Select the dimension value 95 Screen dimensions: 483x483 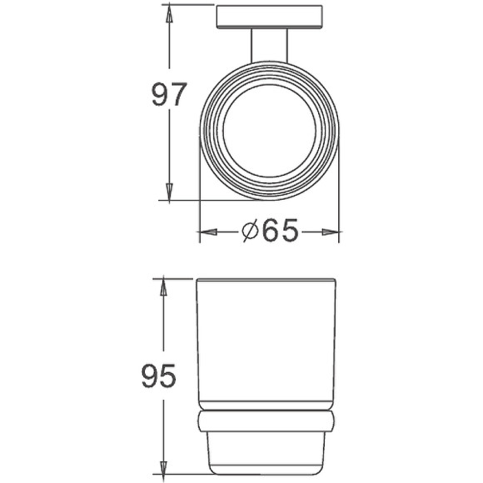158,377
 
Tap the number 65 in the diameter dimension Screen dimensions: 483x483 280,231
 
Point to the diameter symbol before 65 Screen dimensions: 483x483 252,232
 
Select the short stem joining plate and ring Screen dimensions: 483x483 268,46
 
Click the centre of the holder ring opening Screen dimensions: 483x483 268,132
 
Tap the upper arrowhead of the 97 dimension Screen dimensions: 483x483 169,12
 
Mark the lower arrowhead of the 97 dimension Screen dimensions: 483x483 169,192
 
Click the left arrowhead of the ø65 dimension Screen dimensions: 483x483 207,232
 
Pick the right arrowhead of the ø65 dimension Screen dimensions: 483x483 332,232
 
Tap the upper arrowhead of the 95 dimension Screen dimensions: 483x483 164,286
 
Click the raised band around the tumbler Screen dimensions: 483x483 266,421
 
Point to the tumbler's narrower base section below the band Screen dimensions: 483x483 266,454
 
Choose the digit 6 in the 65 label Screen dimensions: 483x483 270,231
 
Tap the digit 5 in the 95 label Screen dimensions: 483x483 168,377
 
